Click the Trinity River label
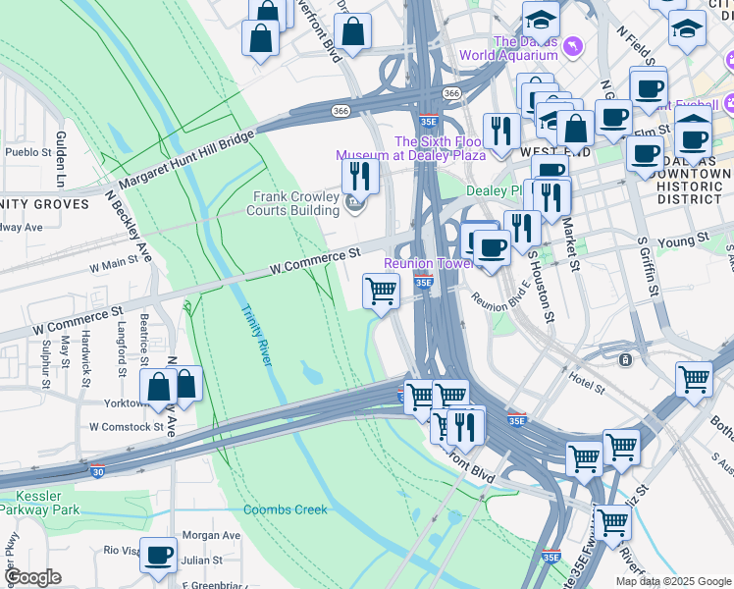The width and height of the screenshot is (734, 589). point(255,335)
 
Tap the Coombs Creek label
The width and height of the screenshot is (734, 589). point(286,509)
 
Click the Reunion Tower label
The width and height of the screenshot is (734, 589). point(429,263)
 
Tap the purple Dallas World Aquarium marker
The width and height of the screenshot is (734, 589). point(573,45)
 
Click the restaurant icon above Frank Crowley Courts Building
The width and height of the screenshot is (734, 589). point(360,176)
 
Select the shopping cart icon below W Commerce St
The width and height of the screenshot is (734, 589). point(380,290)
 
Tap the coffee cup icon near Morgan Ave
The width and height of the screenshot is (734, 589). point(158,555)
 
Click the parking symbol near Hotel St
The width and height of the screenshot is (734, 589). point(624,360)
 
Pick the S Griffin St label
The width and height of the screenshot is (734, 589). point(647,266)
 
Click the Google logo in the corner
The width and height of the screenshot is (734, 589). point(32,577)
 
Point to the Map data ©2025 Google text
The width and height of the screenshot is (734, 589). point(672,580)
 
